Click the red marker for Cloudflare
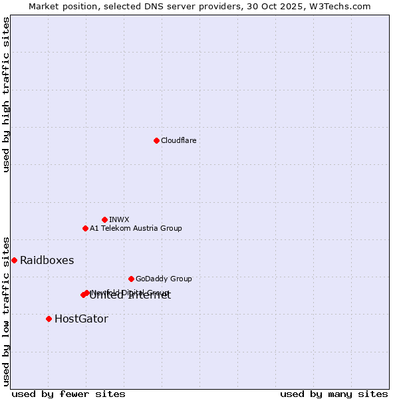pyautogui.click(x=156, y=140)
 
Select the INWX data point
pyautogui.click(x=104, y=219)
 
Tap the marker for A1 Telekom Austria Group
pyautogui.click(x=85, y=228)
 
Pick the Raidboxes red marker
pyautogui.click(x=14, y=260)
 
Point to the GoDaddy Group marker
pyautogui.click(x=131, y=279)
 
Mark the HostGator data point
pyautogui.click(x=49, y=319)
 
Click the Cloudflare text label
pyautogui.click(x=178, y=140)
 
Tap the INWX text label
pyautogui.click(x=119, y=219)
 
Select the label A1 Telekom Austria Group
pyautogui.click(x=136, y=228)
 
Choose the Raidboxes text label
pyautogui.click(x=47, y=260)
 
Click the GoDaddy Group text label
pyautogui.click(x=163, y=279)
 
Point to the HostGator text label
pyautogui.click(x=81, y=319)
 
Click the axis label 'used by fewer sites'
pyautogui.click(x=68, y=394)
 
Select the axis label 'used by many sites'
pyautogui.click(x=334, y=394)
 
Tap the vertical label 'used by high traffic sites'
pyautogui.click(x=6, y=94)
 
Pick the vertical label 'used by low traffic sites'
pyautogui.click(x=6, y=311)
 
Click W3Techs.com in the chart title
pyautogui.click(x=342, y=6)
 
